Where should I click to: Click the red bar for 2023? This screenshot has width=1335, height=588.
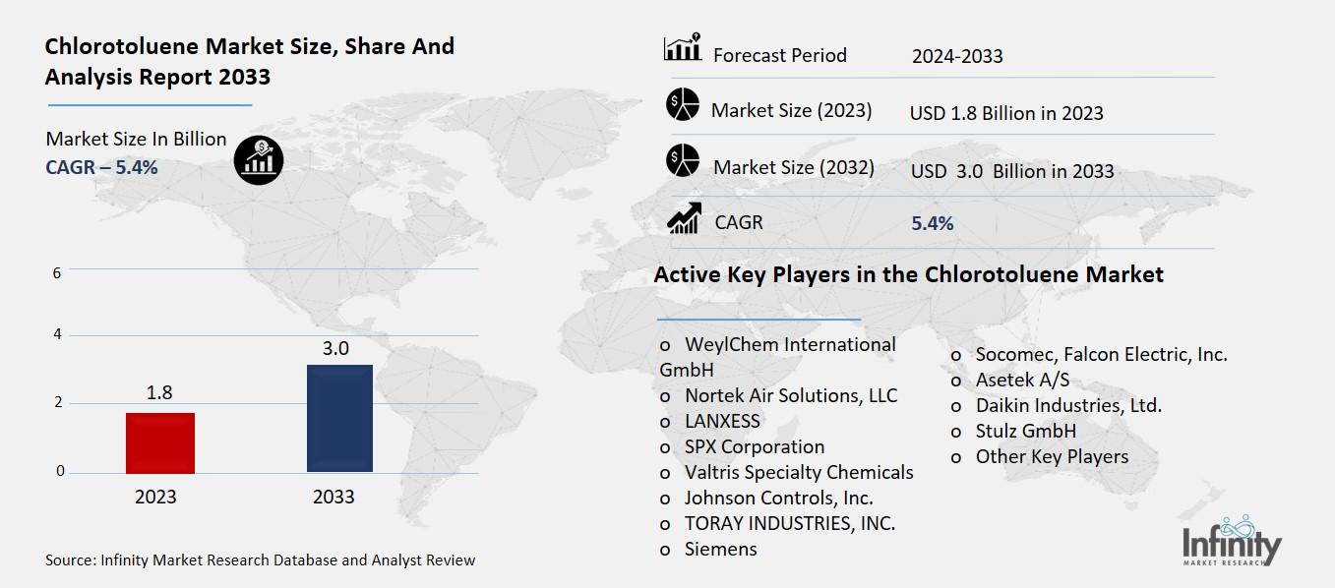160,442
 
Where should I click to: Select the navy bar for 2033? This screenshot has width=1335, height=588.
339,418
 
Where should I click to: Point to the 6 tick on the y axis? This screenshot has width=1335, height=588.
57,272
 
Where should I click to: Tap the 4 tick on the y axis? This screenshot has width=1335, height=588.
57,334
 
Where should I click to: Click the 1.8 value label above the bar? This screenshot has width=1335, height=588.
159,392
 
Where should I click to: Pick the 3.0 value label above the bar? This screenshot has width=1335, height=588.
335,347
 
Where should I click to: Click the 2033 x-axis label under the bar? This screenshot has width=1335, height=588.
334,497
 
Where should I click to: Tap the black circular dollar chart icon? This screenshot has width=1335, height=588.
259,158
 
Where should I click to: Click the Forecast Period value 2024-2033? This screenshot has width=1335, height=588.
957,56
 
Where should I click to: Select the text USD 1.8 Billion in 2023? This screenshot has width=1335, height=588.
1006,113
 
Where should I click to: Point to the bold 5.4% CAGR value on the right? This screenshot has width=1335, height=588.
933,223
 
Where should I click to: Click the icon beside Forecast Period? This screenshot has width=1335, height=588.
683,48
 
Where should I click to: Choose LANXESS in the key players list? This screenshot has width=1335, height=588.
722,421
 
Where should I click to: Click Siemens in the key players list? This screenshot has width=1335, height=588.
720,549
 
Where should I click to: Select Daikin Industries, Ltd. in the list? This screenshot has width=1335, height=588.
1067,405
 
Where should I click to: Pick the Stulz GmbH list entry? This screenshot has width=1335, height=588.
1025,431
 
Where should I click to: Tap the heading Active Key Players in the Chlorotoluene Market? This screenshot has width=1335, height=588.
908,274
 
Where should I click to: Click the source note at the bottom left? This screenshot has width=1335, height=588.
260,560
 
